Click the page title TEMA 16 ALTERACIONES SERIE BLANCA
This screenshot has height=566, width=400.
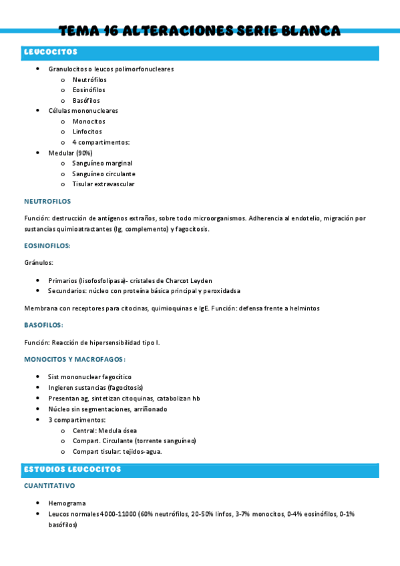[x=200, y=31]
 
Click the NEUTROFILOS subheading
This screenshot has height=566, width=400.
[x=47, y=201]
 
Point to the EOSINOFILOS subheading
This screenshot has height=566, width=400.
[x=47, y=246]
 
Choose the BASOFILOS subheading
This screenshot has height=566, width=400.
[x=43, y=325]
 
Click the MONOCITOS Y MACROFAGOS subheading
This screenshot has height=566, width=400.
[x=75, y=359]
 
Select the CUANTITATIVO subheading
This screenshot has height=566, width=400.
[x=49, y=486]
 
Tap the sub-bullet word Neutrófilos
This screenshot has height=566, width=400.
[x=89, y=79]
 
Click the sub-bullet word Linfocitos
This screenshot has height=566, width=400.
[x=87, y=131]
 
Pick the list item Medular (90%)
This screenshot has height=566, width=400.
[x=70, y=153]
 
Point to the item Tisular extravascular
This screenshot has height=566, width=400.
[x=104, y=184]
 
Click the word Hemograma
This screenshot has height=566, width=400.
[x=67, y=503]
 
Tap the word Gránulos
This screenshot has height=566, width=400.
[x=39, y=263]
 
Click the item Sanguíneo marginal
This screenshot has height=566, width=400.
[x=102, y=163]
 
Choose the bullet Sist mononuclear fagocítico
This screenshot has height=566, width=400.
[x=89, y=377]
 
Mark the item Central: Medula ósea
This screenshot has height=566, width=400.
[x=105, y=431]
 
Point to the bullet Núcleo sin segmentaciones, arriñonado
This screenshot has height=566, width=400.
[x=108, y=409]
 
